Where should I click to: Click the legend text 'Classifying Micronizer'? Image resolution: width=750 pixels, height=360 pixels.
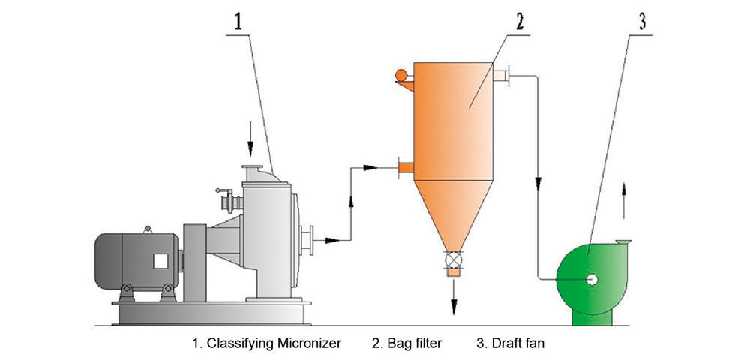coord(266,343)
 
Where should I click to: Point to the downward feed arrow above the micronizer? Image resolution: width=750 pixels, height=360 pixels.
coord(250,149)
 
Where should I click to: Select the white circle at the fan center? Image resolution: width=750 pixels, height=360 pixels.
coord(592,279)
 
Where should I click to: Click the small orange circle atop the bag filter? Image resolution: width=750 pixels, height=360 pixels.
coord(401,74)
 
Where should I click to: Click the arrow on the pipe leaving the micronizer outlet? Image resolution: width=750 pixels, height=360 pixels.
coord(327,240)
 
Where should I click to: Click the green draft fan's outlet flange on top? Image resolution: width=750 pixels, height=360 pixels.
coord(622,241)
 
